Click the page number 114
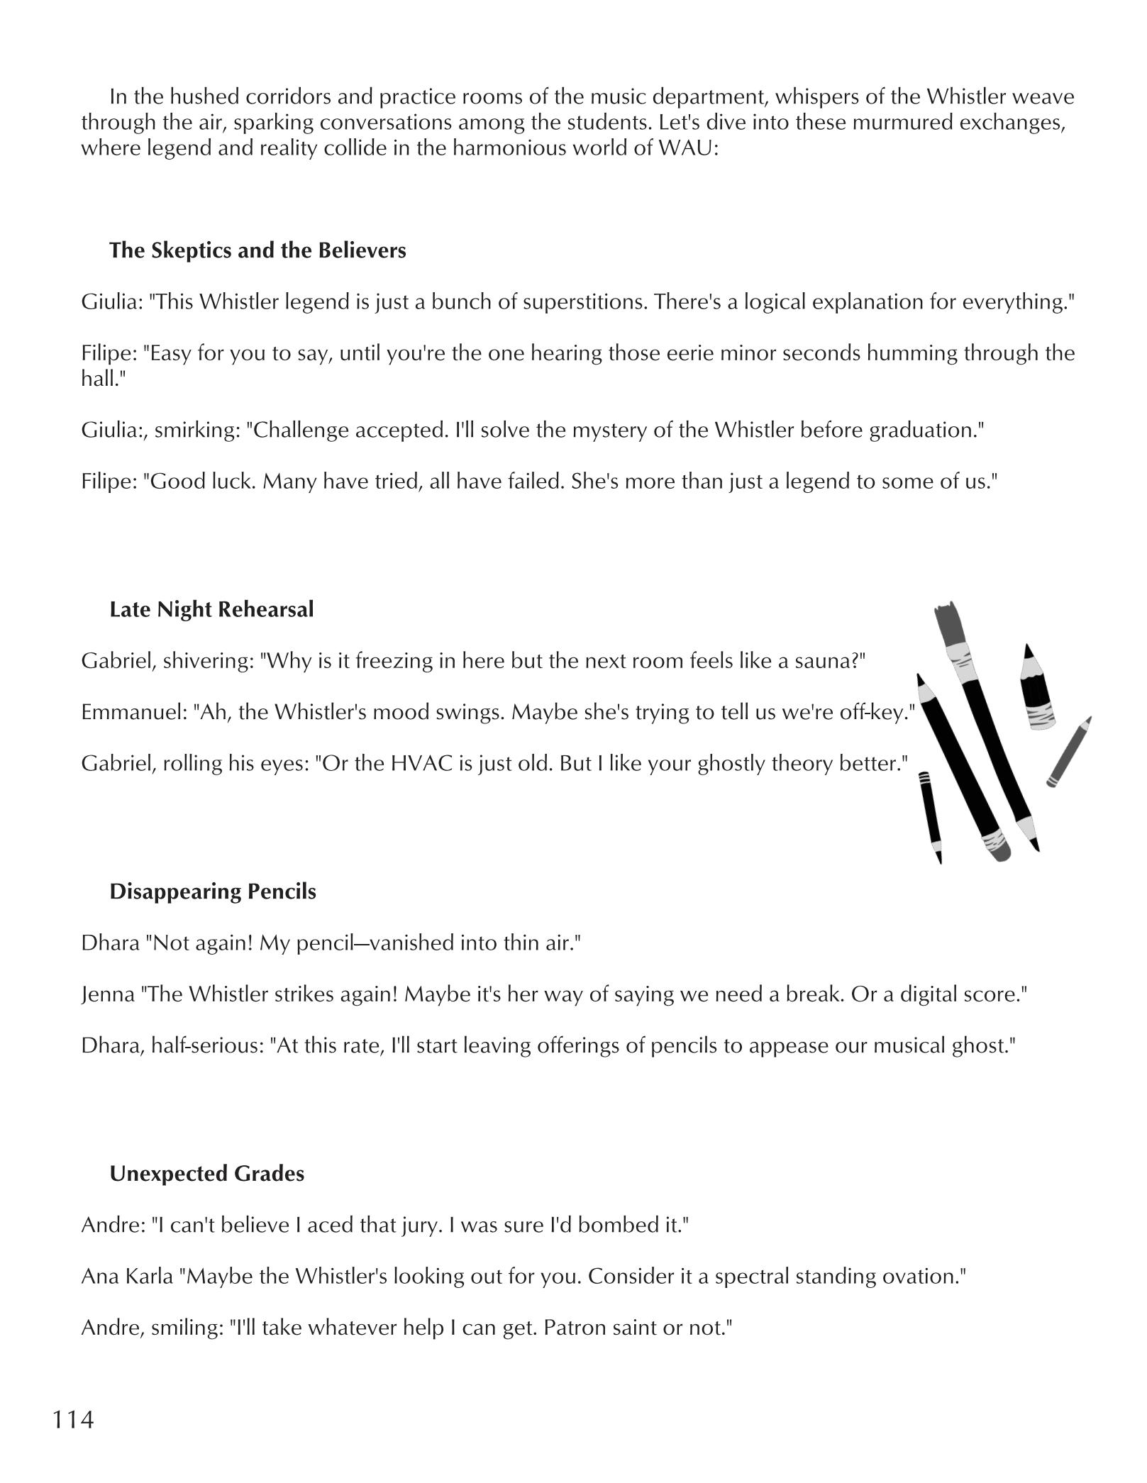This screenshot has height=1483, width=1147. pos(73,1419)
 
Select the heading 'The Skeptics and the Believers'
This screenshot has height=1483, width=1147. pos(257,250)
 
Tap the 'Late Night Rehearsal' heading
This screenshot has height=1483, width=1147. pos(211,609)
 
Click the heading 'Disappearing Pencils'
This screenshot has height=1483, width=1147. pos(213,892)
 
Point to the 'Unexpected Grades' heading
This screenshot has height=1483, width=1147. pos(206,1174)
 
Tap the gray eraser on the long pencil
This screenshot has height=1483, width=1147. pos(995,845)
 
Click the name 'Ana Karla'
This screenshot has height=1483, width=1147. pos(127,1276)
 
